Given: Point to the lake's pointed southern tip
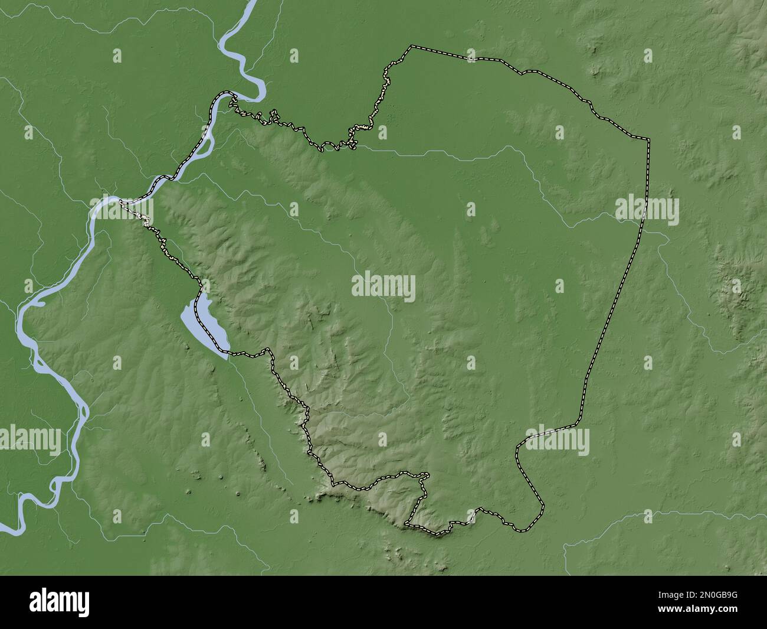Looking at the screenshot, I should click(x=227, y=358).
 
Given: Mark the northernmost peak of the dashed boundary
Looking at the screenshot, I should click(x=412, y=45).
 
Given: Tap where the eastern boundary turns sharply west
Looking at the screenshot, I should click(x=577, y=423).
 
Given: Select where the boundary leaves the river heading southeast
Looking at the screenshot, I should click(x=121, y=202).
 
